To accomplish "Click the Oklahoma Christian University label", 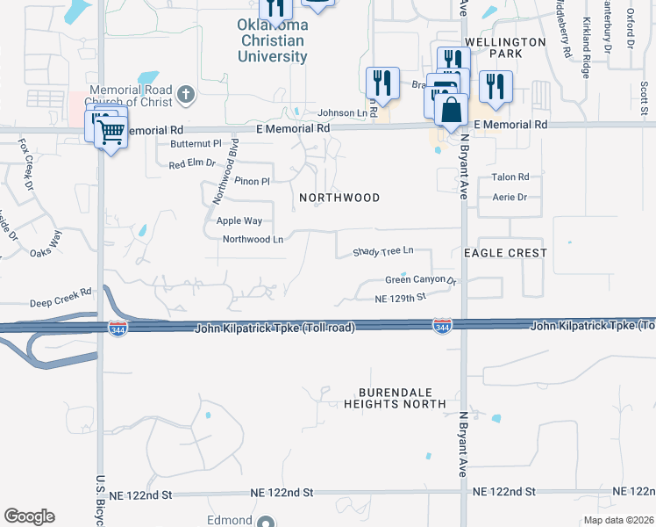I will coord(273,40).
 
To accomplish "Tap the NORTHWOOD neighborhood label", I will coord(339,198).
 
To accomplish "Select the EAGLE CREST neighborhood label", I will coord(505,253).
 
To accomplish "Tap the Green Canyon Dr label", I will coord(421,280).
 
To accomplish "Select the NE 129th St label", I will coord(399,298).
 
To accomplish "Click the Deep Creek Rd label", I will coord(61,298).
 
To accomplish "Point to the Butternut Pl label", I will coord(196,143).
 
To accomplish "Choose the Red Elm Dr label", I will coord(192,163).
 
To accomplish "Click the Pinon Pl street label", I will coord(252,181).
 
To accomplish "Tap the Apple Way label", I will coord(239,221).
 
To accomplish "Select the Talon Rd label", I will coord(510,177).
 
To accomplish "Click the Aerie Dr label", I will coord(510,198).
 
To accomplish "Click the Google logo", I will coord(29,516).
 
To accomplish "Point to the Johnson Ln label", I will coord(342,112).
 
